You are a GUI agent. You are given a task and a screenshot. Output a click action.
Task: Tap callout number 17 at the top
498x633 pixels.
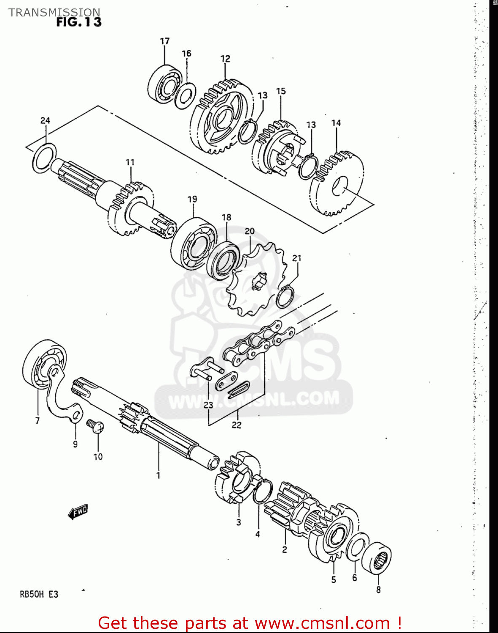coord(164,41)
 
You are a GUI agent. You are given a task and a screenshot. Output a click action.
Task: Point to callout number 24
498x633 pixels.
coord(45,120)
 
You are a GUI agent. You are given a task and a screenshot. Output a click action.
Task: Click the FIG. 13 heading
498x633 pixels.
coord(79,22)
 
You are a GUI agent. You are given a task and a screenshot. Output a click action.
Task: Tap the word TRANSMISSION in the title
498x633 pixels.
coord(54,12)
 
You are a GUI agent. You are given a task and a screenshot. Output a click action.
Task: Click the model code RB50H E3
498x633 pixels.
coord(39,594)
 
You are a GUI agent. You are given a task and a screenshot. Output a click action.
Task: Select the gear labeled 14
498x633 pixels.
coord(337,184)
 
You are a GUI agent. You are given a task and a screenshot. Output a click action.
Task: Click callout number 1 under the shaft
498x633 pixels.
coord(158,476)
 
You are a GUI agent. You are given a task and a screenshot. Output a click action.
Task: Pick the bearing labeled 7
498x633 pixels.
coord(42,364)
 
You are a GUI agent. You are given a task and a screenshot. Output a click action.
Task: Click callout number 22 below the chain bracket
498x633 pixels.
coord(236,425)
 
